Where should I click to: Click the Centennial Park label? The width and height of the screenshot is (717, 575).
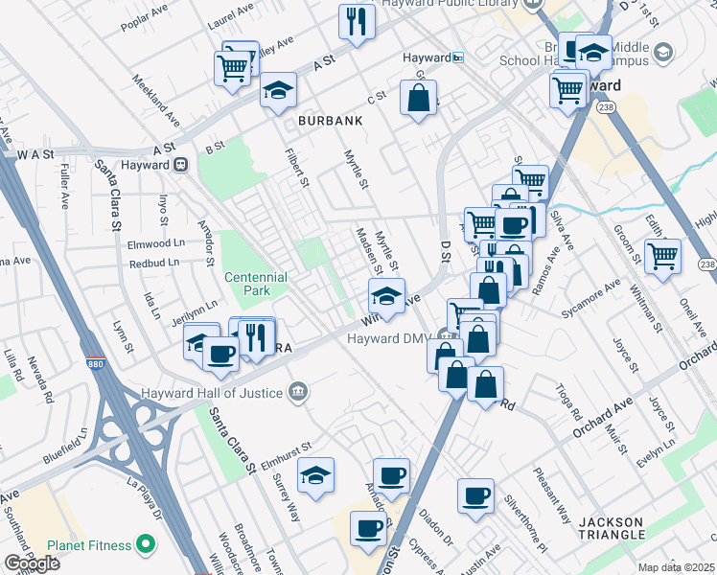coord(255,284)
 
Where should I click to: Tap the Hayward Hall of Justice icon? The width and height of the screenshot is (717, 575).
coord(298,392)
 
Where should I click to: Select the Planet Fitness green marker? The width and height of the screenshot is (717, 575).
coord(146,545)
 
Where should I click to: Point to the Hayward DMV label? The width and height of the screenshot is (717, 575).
coord(387,338)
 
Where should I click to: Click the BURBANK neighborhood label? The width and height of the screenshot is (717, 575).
coord(330,122)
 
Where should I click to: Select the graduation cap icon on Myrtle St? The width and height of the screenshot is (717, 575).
coord(386,296)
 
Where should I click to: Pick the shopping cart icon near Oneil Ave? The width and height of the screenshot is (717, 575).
coord(662,256)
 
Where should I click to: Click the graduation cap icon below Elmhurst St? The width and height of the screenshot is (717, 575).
coord(315,474)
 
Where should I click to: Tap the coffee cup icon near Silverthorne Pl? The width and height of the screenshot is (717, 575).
coord(475,495)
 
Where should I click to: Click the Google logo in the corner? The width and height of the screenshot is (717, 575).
coord(32,563)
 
